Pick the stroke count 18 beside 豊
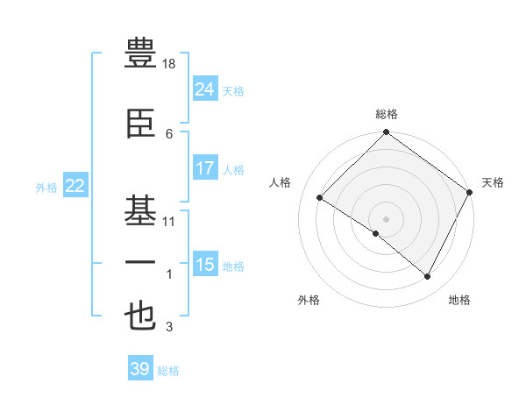170,64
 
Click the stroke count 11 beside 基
170,222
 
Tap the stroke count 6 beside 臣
169,133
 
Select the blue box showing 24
204,89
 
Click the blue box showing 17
204,168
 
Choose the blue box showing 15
204,265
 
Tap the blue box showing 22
75,185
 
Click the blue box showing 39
140,369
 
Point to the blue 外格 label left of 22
46,187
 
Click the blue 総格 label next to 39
168,371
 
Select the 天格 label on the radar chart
493,182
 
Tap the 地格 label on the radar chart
459,300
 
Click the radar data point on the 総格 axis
386,133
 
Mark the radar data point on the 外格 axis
376,234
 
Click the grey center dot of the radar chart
386,218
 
